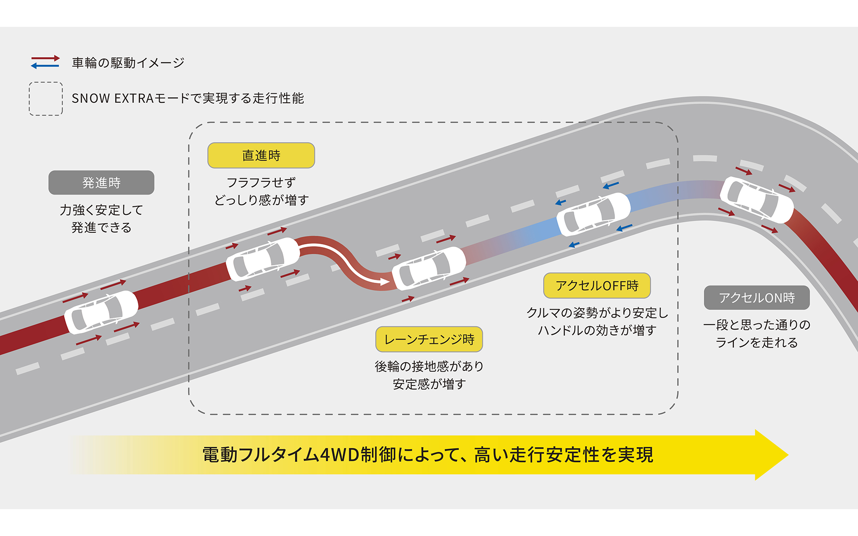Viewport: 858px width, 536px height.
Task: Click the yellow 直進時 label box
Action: click(x=261, y=155)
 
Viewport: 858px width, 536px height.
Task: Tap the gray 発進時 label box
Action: click(x=101, y=183)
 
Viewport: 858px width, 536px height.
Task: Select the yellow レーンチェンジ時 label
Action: click(x=429, y=339)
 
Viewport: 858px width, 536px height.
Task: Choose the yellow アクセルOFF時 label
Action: click(x=597, y=285)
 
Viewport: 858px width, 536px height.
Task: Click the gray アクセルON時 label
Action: click(x=757, y=298)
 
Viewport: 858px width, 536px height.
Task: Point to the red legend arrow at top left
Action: click(x=45, y=59)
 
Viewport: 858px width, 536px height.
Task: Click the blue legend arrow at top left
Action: click(x=45, y=66)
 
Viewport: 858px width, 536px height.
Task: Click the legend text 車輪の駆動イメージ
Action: click(x=128, y=63)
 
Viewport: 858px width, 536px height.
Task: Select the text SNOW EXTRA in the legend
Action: click(x=113, y=98)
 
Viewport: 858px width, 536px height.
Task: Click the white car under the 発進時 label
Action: click(x=101, y=312)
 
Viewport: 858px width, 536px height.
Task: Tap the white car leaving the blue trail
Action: click(x=593, y=214)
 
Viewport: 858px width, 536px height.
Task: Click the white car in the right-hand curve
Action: click(x=757, y=200)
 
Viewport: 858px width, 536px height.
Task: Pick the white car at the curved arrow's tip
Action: click(x=429, y=268)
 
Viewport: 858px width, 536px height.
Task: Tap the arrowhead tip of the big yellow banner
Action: click(x=789, y=455)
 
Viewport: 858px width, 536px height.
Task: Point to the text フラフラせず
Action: click(x=261, y=182)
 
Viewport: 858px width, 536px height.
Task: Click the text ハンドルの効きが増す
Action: click(x=597, y=330)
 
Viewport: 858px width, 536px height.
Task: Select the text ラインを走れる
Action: click(x=757, y=343)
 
